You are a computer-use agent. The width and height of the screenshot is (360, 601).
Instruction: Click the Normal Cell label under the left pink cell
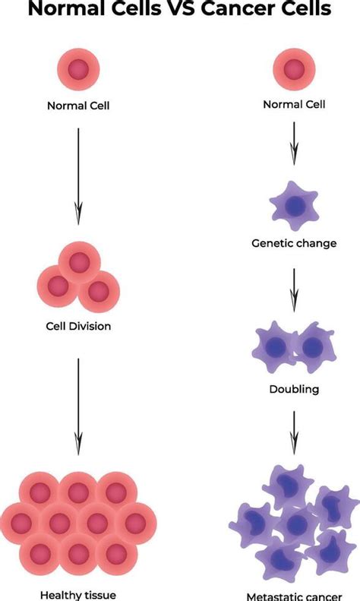(x=79, y=106)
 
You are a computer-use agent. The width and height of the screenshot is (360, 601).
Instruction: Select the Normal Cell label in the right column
(x=294, y=103)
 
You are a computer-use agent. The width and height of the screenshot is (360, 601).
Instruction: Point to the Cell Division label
(x=78, y=327)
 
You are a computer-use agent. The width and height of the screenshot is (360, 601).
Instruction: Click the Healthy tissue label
(x=79, y=595)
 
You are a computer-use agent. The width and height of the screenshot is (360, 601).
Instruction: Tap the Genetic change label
(x=294, y=243)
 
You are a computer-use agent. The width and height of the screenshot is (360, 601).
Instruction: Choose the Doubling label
(x=294, y=389)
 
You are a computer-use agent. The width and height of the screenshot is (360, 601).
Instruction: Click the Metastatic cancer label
(x=293, y=596)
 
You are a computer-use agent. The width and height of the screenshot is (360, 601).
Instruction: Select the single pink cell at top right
(x=294, y=68)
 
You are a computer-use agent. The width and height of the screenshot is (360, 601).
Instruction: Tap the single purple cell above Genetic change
(x=294, y=205)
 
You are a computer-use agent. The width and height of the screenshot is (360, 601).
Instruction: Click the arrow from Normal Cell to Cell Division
(x=78, y=175)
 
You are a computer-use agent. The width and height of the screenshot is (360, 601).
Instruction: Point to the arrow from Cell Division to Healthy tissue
(x=78, y=406)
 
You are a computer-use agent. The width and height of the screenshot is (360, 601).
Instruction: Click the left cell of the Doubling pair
(x=275, y=346)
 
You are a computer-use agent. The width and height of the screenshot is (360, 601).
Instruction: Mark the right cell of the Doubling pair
(x=312, y=346)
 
